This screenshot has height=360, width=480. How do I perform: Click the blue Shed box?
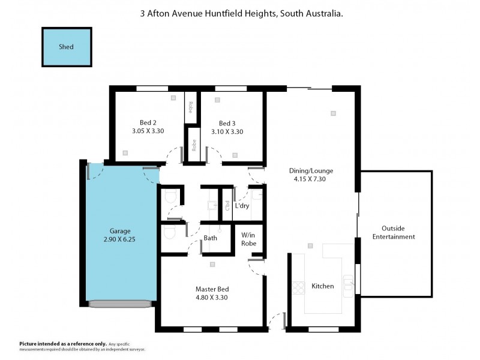point(67,47)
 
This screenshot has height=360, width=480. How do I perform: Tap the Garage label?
point(120,230)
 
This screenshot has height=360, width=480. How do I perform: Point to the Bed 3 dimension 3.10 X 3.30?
point(227,131)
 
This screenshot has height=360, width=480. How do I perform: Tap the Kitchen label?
point(323,286)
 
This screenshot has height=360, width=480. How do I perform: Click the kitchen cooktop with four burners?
point(299,287)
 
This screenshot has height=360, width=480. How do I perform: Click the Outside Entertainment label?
point(394,232)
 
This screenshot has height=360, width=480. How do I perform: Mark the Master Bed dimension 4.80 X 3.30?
point(212,297)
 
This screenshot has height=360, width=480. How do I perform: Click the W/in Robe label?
point(249,239)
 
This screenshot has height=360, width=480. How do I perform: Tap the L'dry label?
point(242,206)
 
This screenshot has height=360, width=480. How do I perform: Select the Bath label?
point(210,238)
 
